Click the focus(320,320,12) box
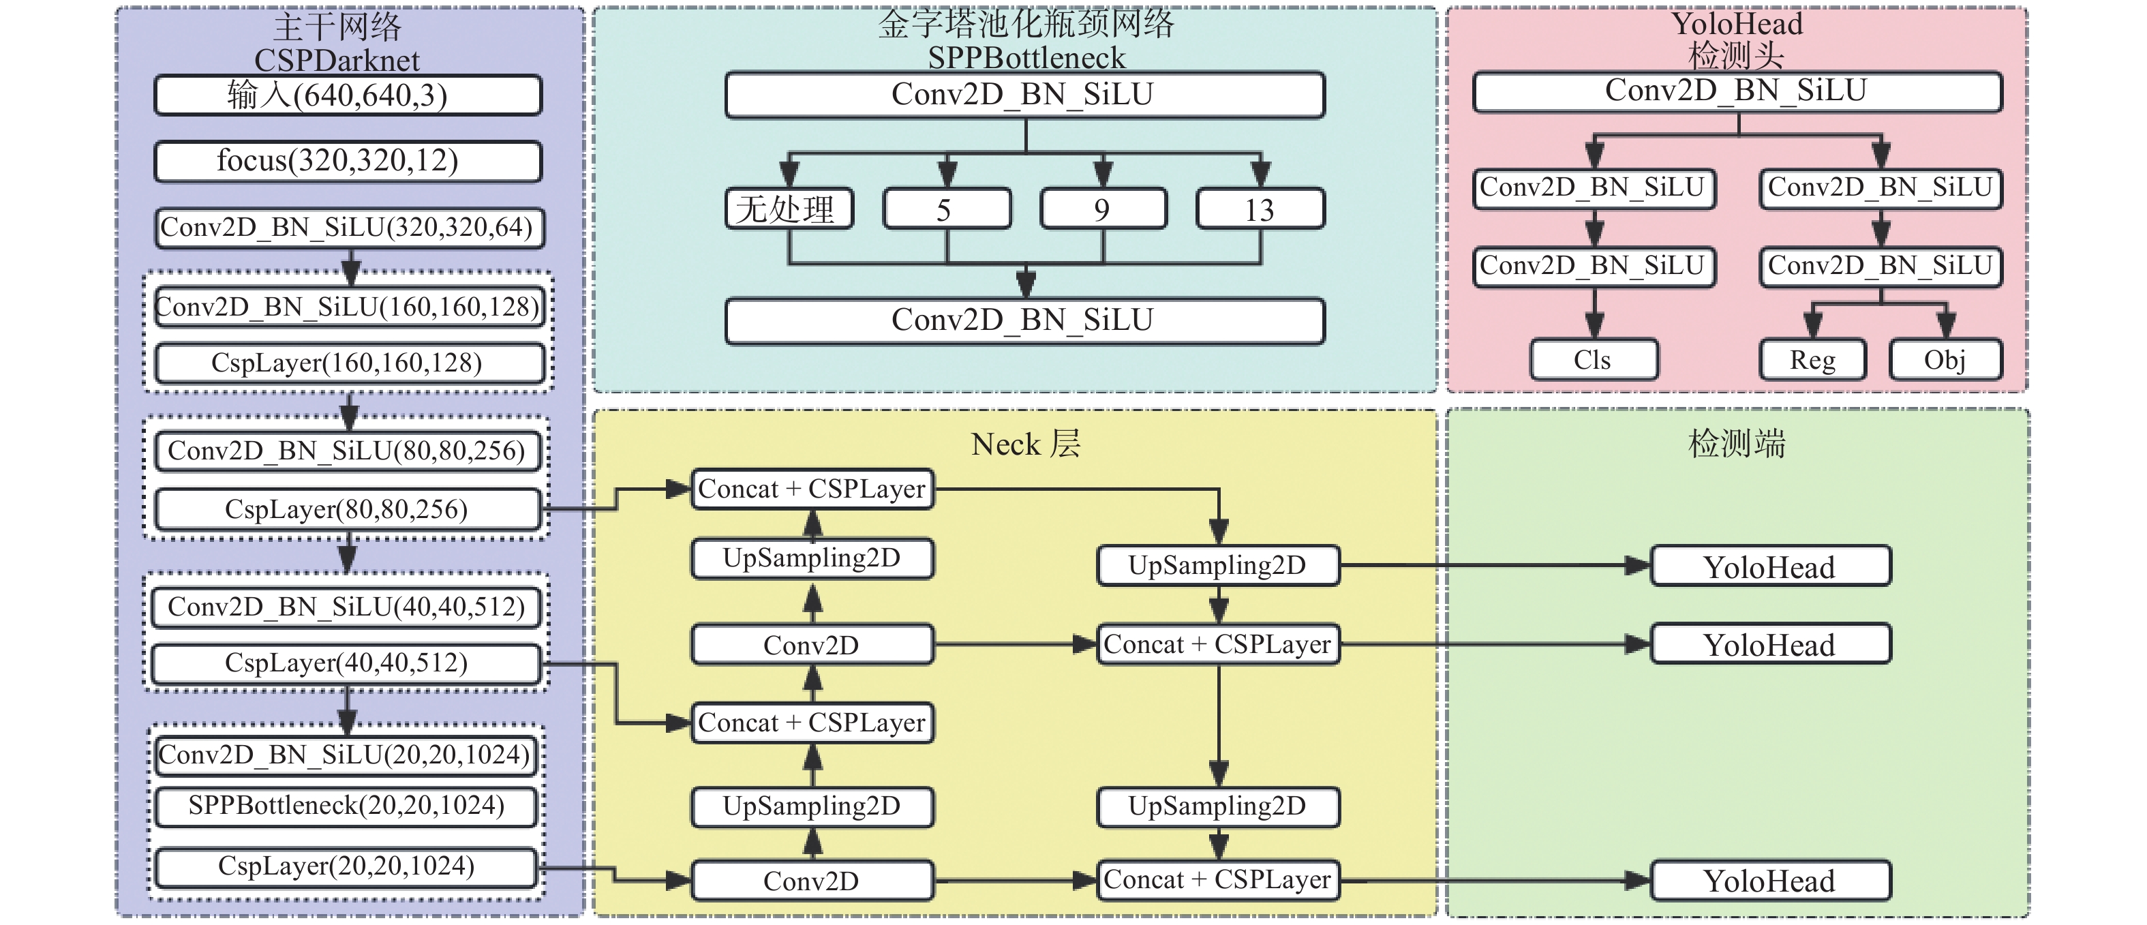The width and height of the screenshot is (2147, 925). pos(348,161)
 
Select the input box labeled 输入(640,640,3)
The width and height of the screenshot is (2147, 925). pos(348,95)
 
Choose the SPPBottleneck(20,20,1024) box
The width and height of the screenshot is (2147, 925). pos(346,806)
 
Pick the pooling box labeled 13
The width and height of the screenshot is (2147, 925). pos(1260,209)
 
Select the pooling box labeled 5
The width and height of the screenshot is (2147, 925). pos(947,209)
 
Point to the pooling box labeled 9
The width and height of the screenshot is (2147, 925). pos(1103,209)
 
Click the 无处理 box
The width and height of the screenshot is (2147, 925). pos(789,209)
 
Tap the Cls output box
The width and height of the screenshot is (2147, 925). pos(1593,360)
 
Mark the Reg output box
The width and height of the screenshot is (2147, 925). pos(1812,360)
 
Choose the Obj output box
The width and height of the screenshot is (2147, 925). pos(1945,360)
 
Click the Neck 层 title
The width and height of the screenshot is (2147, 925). pos(1025,444)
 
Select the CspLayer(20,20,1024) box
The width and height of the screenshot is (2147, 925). pos(346,866)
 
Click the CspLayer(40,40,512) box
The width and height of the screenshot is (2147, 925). pos(346,663)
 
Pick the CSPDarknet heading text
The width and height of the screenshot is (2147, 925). pos(337,60)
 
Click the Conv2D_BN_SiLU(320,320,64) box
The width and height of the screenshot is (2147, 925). pos(349,228)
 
